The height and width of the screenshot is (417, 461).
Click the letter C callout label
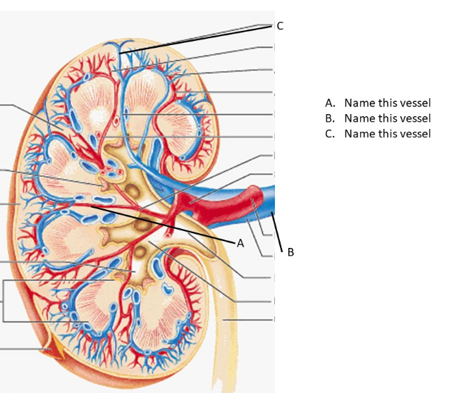pos(280,26)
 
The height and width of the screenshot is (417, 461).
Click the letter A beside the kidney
pos(240,242)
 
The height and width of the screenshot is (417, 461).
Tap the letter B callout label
pos(290,252)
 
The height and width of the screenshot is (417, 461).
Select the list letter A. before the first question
pos(330,103)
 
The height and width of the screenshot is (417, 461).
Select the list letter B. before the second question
pos(330,118)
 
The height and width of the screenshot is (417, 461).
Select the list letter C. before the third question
pos(330,134)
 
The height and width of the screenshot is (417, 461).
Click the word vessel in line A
pos(414,103)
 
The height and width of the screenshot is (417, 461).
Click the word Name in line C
pos(359,134)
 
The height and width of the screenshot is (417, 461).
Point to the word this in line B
pos(388,118)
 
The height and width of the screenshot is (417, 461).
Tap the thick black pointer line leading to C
pos(197,38)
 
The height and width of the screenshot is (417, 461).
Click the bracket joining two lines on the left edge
pos(4,301)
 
